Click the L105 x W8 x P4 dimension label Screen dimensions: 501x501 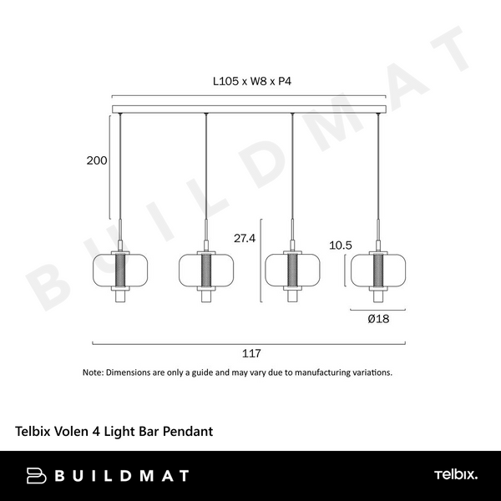point(251,83)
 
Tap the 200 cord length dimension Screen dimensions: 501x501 point(97,161)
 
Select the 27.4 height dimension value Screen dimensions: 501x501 point(244,238)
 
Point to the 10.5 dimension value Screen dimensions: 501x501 point(340,245)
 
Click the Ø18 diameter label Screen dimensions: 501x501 point(378,318)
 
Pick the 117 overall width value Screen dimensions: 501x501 point(249,353)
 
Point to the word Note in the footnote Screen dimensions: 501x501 point(92,372)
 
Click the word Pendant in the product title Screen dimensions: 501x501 point(188,432)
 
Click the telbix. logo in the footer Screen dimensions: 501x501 point(456,475)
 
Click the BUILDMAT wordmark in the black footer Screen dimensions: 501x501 point(121,476)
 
